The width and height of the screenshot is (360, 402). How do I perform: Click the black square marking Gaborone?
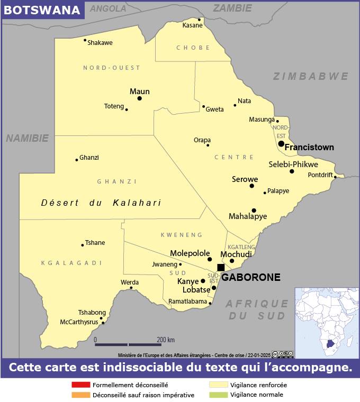[221, 268]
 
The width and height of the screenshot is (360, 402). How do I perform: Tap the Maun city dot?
[139, 98]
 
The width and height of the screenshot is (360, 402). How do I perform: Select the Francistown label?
[309, 147]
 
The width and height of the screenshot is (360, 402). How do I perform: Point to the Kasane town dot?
[200, 20]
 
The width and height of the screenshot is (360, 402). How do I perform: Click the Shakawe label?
[100, 43]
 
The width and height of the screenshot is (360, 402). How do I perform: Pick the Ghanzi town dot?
[77, 160]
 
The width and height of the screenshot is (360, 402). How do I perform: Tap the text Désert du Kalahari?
[101, 203]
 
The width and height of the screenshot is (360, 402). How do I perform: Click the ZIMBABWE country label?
[311, 77]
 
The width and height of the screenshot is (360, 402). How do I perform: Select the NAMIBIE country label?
[27, 138]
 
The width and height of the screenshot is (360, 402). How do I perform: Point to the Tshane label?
[95, 243]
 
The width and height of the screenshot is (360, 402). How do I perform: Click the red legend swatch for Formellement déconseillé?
[80, 385]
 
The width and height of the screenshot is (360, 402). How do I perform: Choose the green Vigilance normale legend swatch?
[219, 395]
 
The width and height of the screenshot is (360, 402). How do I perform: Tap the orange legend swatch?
[80, 395]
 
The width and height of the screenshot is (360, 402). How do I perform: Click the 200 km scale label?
[166, 340]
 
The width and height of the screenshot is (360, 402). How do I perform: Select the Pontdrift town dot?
[335, 177]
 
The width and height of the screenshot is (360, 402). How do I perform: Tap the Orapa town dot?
[208, 145]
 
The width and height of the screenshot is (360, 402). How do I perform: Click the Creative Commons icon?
[275, 354]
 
